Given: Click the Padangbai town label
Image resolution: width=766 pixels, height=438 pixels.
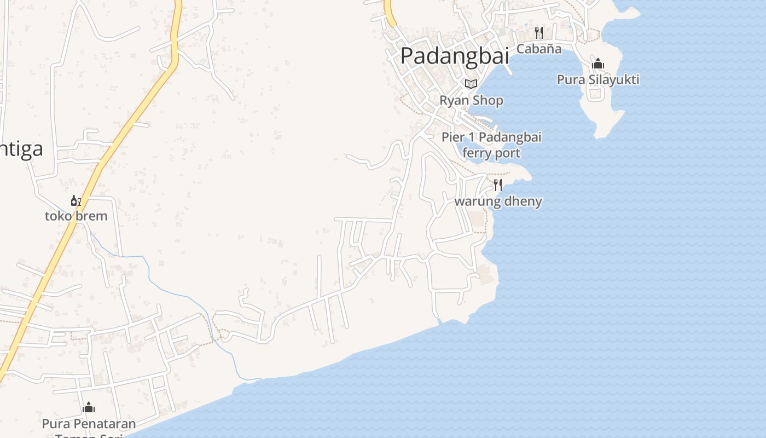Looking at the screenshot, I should (455, 55).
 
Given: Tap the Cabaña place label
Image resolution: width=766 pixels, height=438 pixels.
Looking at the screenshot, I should (539, 49).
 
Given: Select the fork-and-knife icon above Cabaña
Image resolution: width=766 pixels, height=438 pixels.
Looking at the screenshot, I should (539, 33).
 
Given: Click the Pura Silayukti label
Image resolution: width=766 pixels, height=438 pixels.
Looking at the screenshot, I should (598, 80).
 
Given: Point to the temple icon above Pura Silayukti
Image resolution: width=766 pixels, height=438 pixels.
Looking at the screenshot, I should (598, 64).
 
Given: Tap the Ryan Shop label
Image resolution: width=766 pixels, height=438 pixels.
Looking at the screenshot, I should (472, 101).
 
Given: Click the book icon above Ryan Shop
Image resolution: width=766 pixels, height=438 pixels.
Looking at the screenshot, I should (471, 84).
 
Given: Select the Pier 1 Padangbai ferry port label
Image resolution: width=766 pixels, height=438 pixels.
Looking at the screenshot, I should (491, 145).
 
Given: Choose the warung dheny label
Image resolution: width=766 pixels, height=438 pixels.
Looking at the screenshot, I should (498, 201).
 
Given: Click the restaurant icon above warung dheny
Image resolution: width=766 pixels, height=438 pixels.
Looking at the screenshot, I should (498, 185).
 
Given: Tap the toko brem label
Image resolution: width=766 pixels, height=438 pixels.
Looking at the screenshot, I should (76, 216).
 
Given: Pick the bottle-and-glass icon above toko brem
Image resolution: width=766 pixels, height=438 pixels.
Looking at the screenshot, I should (76, 201).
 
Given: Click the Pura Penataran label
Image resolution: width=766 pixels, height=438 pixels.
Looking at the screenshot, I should (89, 424).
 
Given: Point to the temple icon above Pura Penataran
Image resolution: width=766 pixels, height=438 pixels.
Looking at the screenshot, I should (89, 407).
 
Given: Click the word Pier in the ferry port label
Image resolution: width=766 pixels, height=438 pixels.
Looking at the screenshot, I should (452, 137).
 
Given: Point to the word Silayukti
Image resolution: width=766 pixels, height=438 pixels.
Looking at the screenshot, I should (614, 80).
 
